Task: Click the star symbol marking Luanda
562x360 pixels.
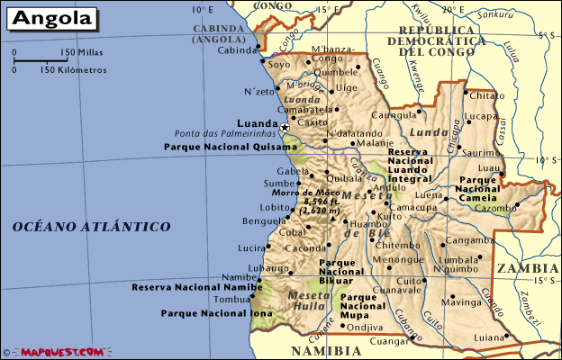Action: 285,127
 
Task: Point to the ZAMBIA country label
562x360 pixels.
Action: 527,267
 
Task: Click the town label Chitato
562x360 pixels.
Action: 488,95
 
